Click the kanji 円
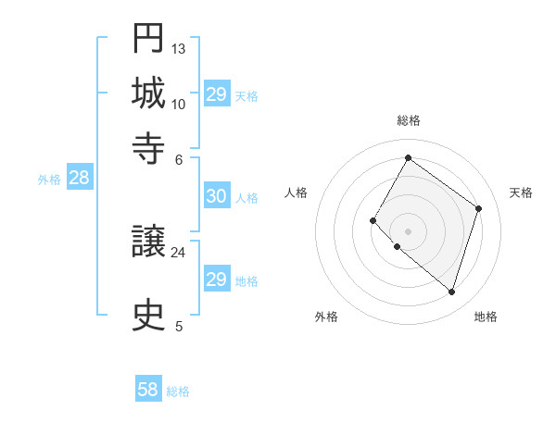tap(149, 40)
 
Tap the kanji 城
tap(149, 93)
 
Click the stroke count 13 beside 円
tap(179, 48)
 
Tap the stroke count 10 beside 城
tap(179, 104)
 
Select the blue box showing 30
tap(216, 196)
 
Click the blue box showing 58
tap(148, 390)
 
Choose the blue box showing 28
tap(79, 179)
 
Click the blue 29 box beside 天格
tap(217, 94)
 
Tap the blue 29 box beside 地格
tap(216, 280)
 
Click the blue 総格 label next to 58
tap(178, 391)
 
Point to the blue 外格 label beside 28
tap(49, 180)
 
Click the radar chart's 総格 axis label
tap(408, 120)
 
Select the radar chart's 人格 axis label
tap(297, 193)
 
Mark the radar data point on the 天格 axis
tap(479, 208)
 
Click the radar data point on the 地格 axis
tap(451, 292)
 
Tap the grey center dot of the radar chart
tap(408, 230)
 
